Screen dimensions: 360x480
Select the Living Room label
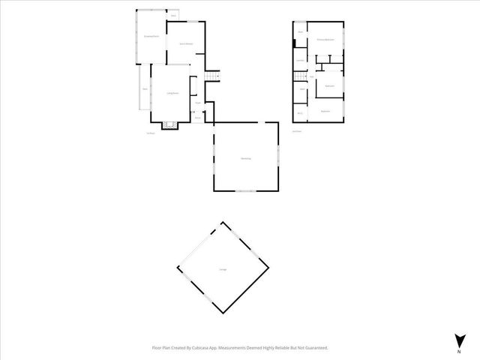point(171,93)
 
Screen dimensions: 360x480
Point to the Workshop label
point(245,158)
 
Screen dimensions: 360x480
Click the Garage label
point(223,269)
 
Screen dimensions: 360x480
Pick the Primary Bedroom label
point(324,39)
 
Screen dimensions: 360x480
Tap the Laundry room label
point(300,61)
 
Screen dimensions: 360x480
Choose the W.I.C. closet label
point(300,113)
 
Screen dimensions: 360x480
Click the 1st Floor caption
point(151,133)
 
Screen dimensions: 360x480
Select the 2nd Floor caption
point(297,131)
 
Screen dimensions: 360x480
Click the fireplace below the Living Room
point(170,124)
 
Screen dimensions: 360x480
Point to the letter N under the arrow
point(458,351)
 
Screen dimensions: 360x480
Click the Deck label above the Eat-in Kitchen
point(174,16)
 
